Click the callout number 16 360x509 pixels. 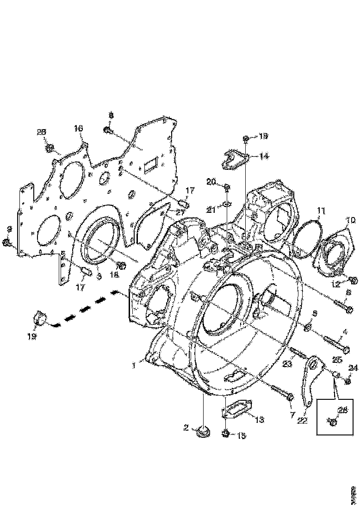[x=78, y=128]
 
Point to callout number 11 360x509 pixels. [x=321, y=211]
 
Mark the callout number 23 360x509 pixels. [x=287, y=364]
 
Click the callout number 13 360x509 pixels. [x=260, y=419]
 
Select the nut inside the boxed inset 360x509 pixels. [x=332, y=421]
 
